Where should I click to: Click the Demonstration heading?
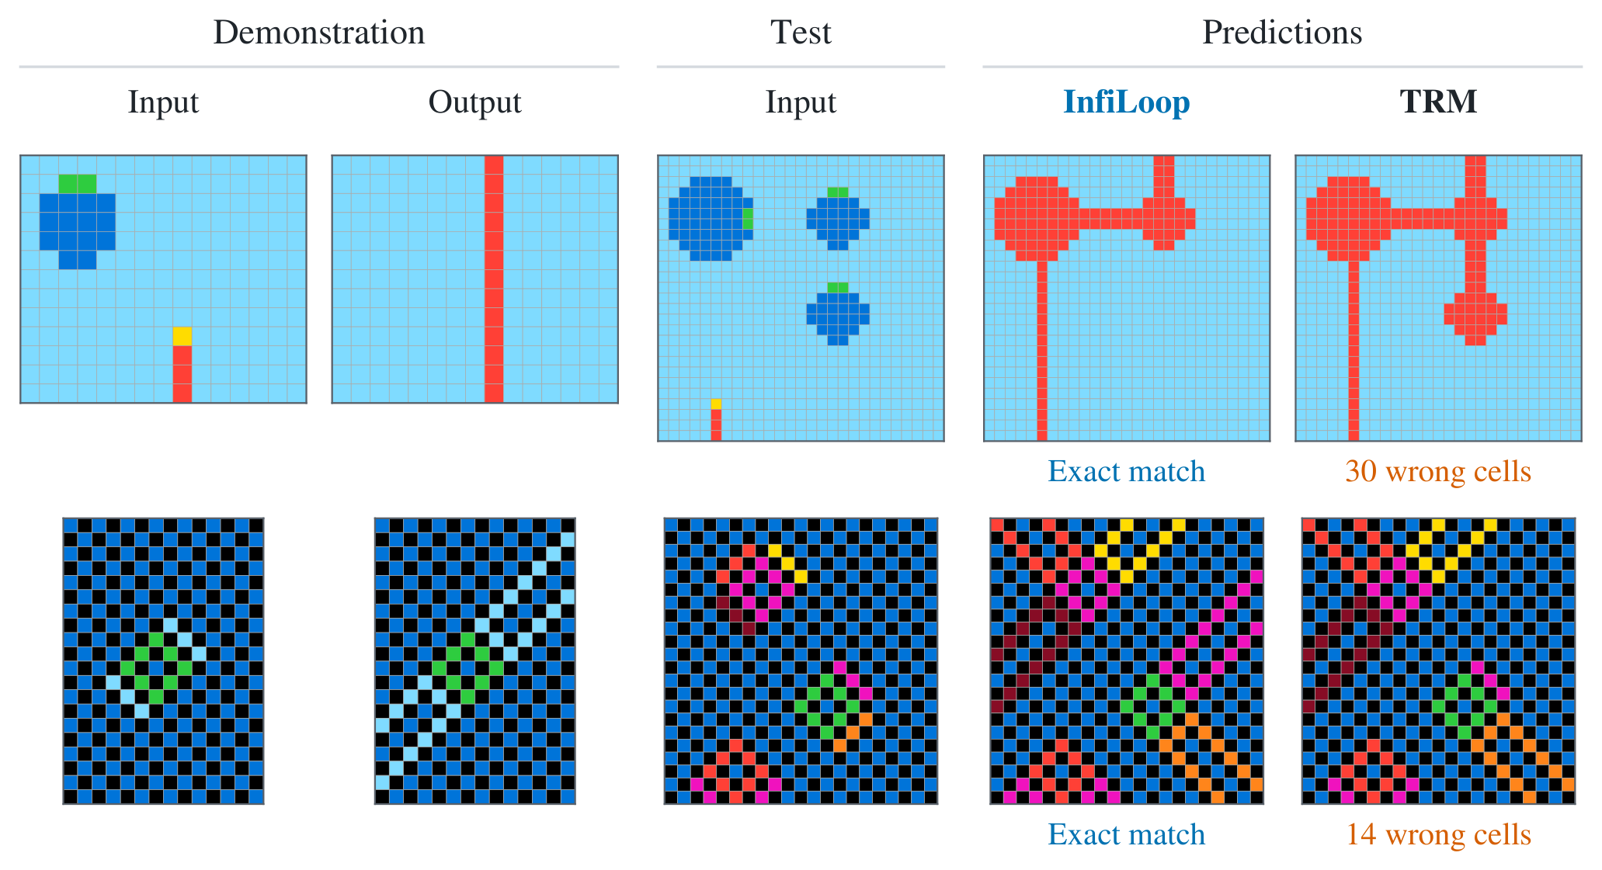click(x=319, y=33)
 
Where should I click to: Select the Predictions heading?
click(x=1282, y=33)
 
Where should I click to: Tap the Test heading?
click(x=801, y=33)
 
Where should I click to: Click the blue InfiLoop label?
click(x=1126, y=102)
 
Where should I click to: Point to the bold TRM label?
click(x=1438, y=102)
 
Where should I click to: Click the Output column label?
click(x=474, y=102)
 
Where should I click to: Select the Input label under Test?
click(x=801, y=102)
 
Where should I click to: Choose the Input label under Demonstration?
click(x=163, y=102)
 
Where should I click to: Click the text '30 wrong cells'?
click(x=1438, y=471)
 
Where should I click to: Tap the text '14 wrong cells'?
click(x=1438, y=834)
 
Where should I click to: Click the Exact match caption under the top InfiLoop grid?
click(x=1126, y=471)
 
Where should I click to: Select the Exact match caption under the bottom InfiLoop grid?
click(x=1126, y=834)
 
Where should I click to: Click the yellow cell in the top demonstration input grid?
click(x=182, y=336)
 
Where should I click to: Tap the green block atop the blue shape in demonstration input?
click(x=78, y=184)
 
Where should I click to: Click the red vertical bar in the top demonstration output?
click(x=494, y=279)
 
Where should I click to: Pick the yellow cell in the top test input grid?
click(x=716, y=404)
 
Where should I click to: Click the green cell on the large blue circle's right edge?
click(x=748, y=219)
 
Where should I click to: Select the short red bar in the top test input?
click(x=716, y=425)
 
